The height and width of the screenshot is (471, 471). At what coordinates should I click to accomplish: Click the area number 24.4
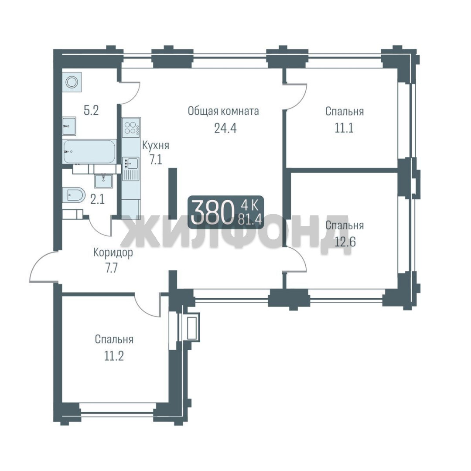click(x=225, y=128)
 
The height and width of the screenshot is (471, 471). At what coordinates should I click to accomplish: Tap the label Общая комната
click(x=223, y=111)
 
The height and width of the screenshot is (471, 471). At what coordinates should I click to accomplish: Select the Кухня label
click(x=155, y=146)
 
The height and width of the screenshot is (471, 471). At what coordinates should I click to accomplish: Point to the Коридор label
click(x=113, y=253)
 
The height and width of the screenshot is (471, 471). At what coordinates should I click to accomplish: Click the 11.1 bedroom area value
click(x=344, y=128)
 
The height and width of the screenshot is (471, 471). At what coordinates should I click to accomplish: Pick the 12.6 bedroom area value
click(x=345, y=242)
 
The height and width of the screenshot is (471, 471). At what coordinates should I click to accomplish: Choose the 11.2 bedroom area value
click(x=114, y=356)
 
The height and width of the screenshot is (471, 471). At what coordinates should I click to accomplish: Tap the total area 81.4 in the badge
click(x=250, y=219)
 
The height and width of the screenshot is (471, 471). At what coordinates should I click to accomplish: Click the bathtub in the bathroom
click(x=89, y=152)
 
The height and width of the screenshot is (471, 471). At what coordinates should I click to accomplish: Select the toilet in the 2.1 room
click(x=74, y=195)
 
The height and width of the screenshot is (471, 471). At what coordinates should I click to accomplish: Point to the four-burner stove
click(x=131, y=128)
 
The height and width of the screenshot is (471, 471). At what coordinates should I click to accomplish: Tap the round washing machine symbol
click(x=72, y=82)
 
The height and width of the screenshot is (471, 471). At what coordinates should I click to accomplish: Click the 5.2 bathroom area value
click(x=91, y=110)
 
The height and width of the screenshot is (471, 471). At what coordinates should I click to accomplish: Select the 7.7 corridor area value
click(x=111, y=268)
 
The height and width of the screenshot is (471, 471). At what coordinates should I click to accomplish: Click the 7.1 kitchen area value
click(x=156, y=160)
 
